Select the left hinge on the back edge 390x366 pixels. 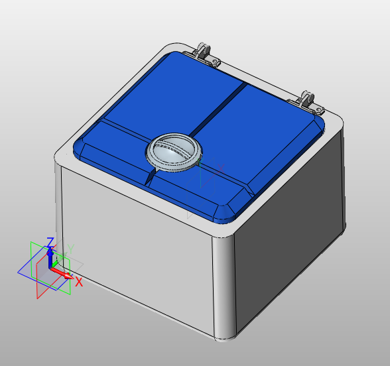[206, 54]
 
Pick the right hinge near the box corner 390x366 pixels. [307, 100]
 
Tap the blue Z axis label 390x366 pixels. [50, 242]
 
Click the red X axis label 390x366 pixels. [78, 282]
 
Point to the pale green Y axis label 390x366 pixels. [70, 249]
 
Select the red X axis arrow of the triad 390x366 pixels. [64, 273]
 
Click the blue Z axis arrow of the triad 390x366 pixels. [50, 255]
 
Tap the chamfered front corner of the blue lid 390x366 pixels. [225, 212]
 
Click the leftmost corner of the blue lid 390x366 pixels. [78, 148]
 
